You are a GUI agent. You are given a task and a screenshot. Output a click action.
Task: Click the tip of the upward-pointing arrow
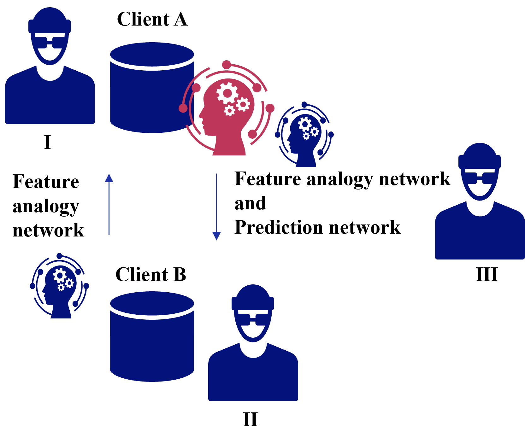point(109,174)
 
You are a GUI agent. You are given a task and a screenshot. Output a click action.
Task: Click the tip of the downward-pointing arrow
point(216,240)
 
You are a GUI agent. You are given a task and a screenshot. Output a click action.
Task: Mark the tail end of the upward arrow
point(109,235)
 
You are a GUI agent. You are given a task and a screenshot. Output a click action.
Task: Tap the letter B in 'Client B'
point(180,274)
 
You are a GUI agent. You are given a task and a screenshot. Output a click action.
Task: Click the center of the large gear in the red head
point(227,93)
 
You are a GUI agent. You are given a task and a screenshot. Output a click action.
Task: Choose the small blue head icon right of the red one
point(304,135)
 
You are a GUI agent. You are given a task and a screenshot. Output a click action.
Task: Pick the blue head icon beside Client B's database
point(59,286)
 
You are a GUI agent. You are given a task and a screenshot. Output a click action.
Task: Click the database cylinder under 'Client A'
point(152,88)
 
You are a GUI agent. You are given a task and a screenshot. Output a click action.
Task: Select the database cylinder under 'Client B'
point(152,336)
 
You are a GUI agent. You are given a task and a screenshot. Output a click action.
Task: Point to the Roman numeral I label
point(47,142)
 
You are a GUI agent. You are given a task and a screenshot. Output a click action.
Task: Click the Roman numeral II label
point(251,419)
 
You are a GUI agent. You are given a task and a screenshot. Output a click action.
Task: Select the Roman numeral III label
point(487,274)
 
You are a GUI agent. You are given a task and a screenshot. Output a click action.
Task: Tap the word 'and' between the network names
point(250,203)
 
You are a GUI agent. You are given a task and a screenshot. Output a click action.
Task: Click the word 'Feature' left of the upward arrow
point(46,182)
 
